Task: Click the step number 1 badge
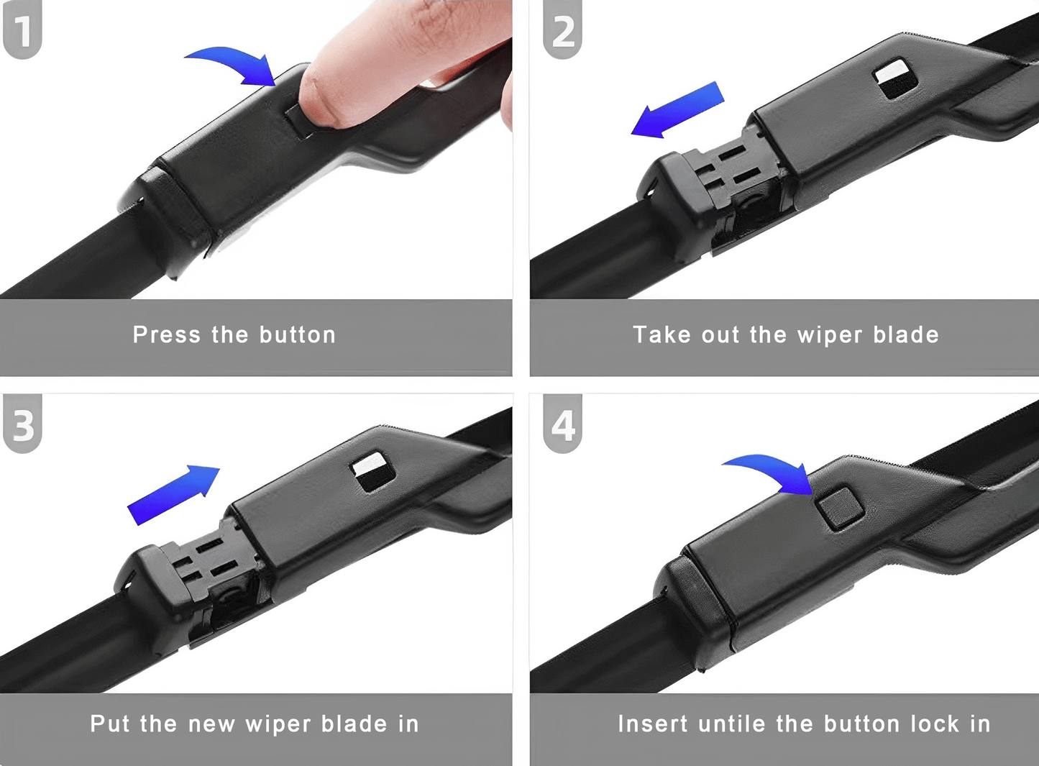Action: pyautogui.click(x=22, y=30)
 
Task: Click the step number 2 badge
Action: pyautogui.click(x=562, y=30)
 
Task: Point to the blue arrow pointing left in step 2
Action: pyautogui.click(x=676, y=110)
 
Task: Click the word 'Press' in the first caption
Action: pyautogui.click(x=166, y=335)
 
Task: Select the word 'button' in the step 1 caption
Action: pyautogui.click(x=297, y=335)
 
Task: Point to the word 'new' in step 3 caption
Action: pyautogui.click(x=211, y=724)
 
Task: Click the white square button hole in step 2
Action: pyautogui.click(x=895, y=78)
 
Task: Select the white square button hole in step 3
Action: pyautogui.click(x=373, y=471)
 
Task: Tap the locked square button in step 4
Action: pyautogui.click(x=839, y=508)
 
